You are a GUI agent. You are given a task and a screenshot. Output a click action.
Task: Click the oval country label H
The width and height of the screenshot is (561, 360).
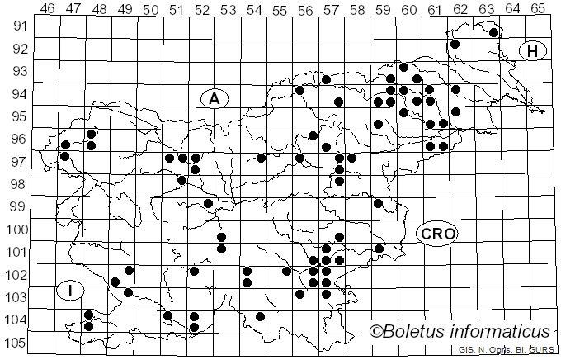tap(533, 51)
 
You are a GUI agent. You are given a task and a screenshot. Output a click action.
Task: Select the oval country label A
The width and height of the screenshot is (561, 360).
tap(214, 99)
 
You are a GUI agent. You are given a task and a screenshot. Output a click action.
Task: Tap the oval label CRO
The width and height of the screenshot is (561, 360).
tap(436, 234)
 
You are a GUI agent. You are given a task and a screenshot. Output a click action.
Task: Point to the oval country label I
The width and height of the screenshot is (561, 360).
tap(71, 291)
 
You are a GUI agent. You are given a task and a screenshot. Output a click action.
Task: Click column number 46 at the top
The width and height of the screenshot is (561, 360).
tap(47, 10)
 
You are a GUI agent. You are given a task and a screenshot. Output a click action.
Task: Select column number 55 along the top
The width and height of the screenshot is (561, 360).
tap(280, 10)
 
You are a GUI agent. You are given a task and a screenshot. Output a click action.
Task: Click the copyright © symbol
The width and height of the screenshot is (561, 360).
tap(375, 332)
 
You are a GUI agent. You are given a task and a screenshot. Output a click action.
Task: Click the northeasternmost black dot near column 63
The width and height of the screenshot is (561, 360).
tap(493, 33)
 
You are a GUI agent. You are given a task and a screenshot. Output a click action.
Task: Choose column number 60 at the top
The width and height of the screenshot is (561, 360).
tap(408, 10)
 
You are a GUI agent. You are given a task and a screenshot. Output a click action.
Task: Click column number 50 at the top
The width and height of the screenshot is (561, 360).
tap(150, 10)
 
